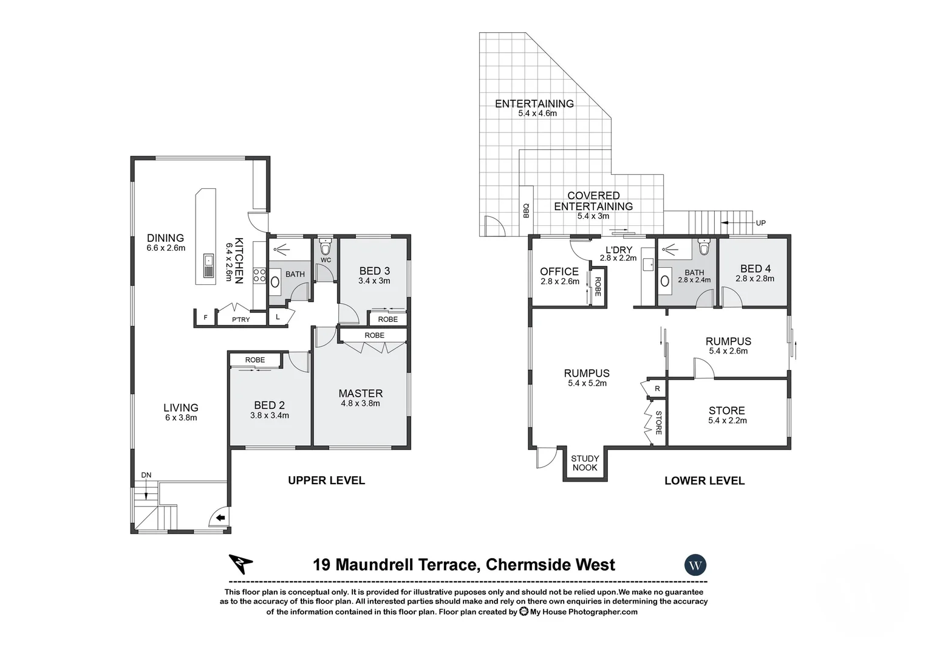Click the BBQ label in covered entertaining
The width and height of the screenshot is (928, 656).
[526, 210]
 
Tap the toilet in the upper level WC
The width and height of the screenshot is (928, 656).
[326, 247]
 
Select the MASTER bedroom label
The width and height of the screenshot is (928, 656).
[360, 394]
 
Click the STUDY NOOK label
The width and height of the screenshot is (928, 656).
[585, 463]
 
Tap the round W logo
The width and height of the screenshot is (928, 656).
[695, 565]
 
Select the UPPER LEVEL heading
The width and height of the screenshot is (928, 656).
[326, 480]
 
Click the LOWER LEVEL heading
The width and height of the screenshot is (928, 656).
[704, 480]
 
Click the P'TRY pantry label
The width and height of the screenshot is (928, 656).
[241, 319]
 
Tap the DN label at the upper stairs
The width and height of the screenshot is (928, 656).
[146, 475]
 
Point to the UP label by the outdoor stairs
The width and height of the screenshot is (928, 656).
[760, 223]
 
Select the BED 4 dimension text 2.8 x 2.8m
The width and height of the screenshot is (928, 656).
[754, 279]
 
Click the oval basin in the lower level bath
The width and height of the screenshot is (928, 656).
[665, 281]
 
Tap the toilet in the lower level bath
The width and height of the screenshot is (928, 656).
[704, 248]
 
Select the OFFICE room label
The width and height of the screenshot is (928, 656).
[559, 272]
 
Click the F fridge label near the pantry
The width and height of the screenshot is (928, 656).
[205, 318]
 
